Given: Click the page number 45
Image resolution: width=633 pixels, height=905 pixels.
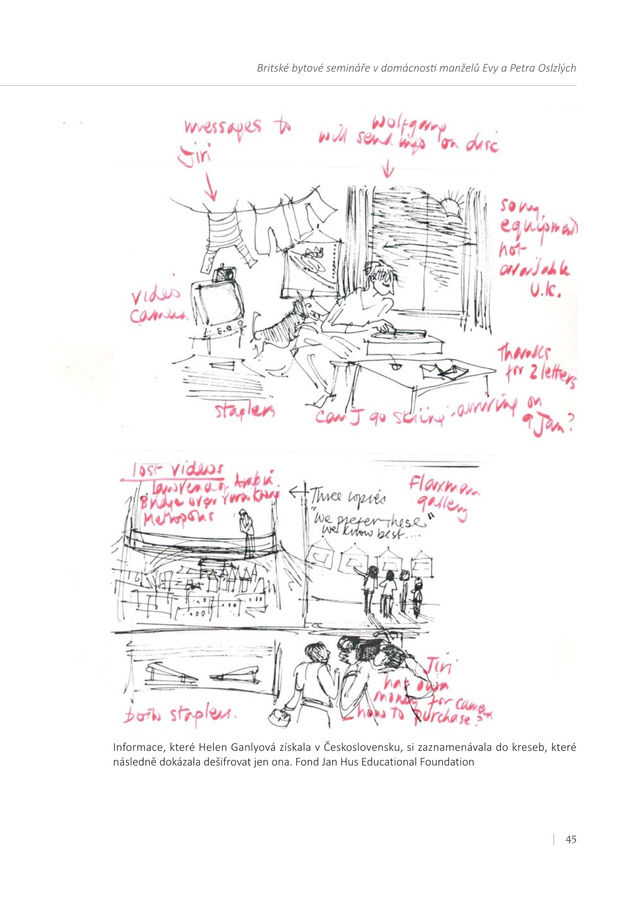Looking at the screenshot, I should tap(571, 839).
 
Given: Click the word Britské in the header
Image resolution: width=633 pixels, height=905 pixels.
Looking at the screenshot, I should tap(273, 68).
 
